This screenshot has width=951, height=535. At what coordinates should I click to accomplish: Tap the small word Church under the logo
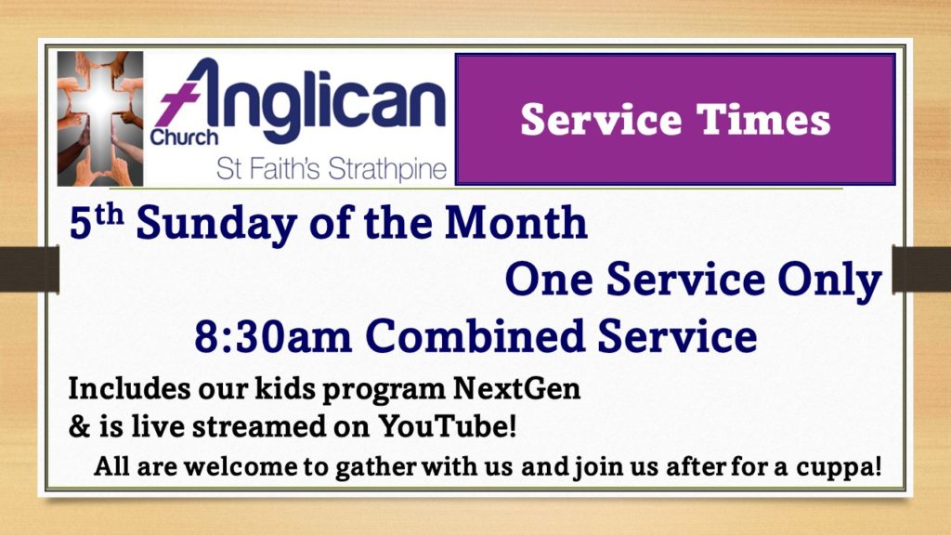point(184,137)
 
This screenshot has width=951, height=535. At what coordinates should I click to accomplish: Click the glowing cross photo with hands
point(100,118)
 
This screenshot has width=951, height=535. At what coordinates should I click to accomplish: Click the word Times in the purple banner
point(763,120)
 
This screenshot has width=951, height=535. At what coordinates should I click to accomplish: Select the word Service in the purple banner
point(601,120)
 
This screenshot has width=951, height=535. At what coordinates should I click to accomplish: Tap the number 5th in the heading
point(97,222)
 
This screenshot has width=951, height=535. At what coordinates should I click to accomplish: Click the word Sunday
point(216,225)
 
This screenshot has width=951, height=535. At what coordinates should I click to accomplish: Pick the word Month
point(516,222)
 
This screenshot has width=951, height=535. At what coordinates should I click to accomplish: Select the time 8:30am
point(273,337)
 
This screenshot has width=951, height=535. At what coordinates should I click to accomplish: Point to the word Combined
point(475,336)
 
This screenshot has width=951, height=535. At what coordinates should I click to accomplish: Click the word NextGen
point(516,388)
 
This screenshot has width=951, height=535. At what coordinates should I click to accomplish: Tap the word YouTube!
point(448,425)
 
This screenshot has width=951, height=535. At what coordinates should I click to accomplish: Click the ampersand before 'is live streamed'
point(79,426)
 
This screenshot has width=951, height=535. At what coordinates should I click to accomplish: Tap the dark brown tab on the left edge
point(29,269)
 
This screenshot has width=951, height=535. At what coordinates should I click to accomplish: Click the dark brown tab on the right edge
point(921,269)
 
